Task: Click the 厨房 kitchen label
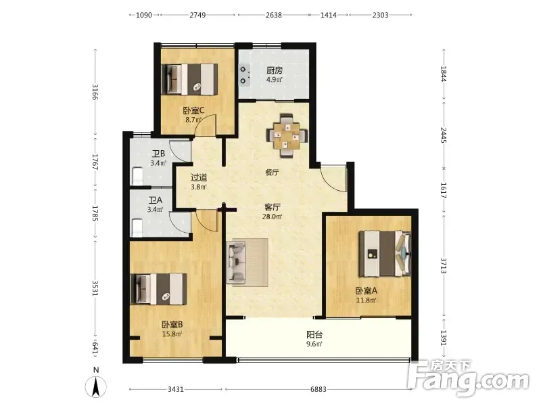click(275, 70)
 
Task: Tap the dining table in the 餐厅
click(287, 136)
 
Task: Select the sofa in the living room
click(236, 263)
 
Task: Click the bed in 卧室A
click(385, 254)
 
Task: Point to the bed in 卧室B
click(159, 290)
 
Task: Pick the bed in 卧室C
click(189, 79)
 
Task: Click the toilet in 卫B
click(137, 177)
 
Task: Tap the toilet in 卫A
click(137, 227)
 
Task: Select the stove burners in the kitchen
click(243, 75)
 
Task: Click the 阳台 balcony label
click(314, 334)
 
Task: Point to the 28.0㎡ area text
click(273, 217)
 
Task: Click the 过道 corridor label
click(199, 177)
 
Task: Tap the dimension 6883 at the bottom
click(318, 390)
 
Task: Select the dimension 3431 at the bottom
click(176, 390)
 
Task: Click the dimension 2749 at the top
click(197, 15)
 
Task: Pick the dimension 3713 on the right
click(444, 265)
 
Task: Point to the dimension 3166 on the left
click(95, 92)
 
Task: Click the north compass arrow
click(95, 386)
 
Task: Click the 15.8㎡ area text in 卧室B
click(172, 334)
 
